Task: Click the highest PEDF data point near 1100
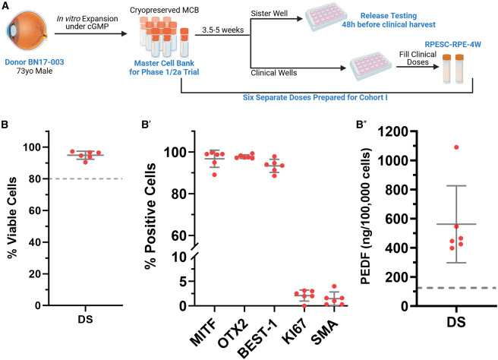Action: click(456, 147)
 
